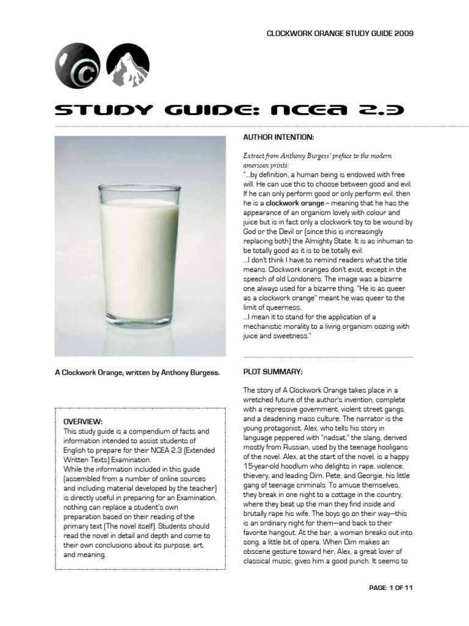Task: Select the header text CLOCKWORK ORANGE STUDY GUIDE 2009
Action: tap(340, 34)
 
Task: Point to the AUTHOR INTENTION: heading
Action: tap(278, 136)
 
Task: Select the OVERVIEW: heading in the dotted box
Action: tap(83, 422)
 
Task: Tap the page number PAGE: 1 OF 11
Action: tap(391, 588)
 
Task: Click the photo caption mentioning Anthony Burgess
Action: tap(137, 372)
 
